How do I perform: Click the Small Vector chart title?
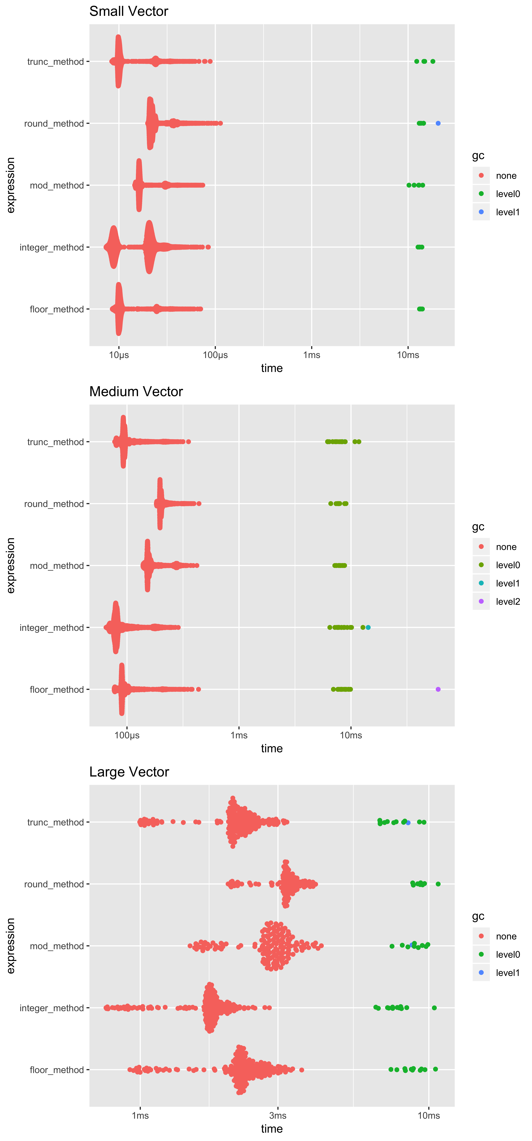click(x=129, y=11)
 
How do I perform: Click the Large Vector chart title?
click(x=129, y=772)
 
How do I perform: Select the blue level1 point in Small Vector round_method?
click(x=438, y=123)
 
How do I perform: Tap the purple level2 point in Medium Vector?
click(x=438, y=689)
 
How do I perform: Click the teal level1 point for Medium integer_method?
click(x=368, y=627)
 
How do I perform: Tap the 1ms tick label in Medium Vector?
click(x=239, y=735)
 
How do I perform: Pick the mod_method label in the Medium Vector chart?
click(x=57, y=566)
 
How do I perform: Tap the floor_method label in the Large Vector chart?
click(x=57, y=1070)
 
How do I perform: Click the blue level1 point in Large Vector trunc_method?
click(x=408, y=823)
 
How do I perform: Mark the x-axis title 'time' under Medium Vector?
click(x=272, y=749)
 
